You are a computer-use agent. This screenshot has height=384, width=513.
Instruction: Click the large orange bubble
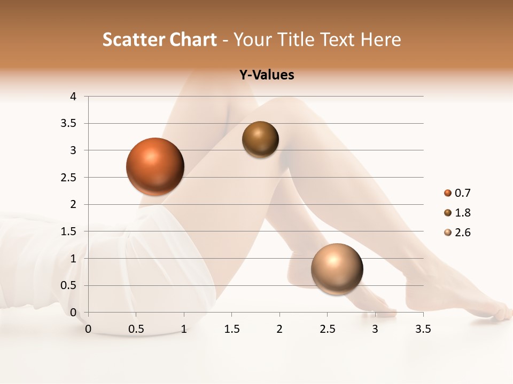155,166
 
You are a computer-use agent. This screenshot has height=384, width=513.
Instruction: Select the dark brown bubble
260,139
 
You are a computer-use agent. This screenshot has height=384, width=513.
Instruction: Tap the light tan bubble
337,269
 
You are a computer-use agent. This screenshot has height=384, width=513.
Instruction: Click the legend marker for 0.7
448,193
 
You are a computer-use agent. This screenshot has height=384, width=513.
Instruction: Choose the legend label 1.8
462,213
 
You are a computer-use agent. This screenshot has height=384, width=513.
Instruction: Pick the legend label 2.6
462,233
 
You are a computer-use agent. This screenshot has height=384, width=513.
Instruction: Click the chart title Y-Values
266,75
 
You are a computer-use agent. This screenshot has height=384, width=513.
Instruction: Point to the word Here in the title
380,39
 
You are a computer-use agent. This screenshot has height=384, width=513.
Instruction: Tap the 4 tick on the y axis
73,97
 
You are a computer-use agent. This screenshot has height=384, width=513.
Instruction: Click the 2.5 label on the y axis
68,178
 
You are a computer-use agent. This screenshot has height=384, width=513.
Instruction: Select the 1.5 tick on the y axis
68,231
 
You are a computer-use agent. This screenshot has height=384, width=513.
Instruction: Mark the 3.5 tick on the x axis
423,329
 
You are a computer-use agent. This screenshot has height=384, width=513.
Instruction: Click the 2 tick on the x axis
279,329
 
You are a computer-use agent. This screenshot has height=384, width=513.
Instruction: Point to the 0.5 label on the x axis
136,329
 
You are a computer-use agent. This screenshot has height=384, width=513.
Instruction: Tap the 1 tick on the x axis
184,329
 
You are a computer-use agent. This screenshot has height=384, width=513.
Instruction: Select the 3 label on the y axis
73,150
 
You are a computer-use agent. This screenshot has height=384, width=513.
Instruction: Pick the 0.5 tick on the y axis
68,285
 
